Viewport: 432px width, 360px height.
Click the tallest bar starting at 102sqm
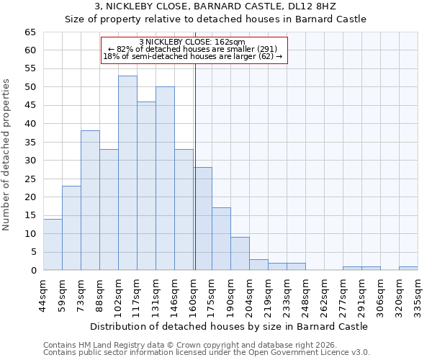tap(127, 173)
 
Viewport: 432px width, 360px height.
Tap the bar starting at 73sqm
tap(90, 200)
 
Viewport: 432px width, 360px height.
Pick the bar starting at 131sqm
tap(165, 179)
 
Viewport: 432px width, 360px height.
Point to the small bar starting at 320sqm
tap(408, 269)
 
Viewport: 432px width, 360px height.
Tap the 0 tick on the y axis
tap(33, 271)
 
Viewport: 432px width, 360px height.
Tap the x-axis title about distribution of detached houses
tap(230, 326)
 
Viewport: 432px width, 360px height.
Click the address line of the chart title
tap(215, 6)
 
